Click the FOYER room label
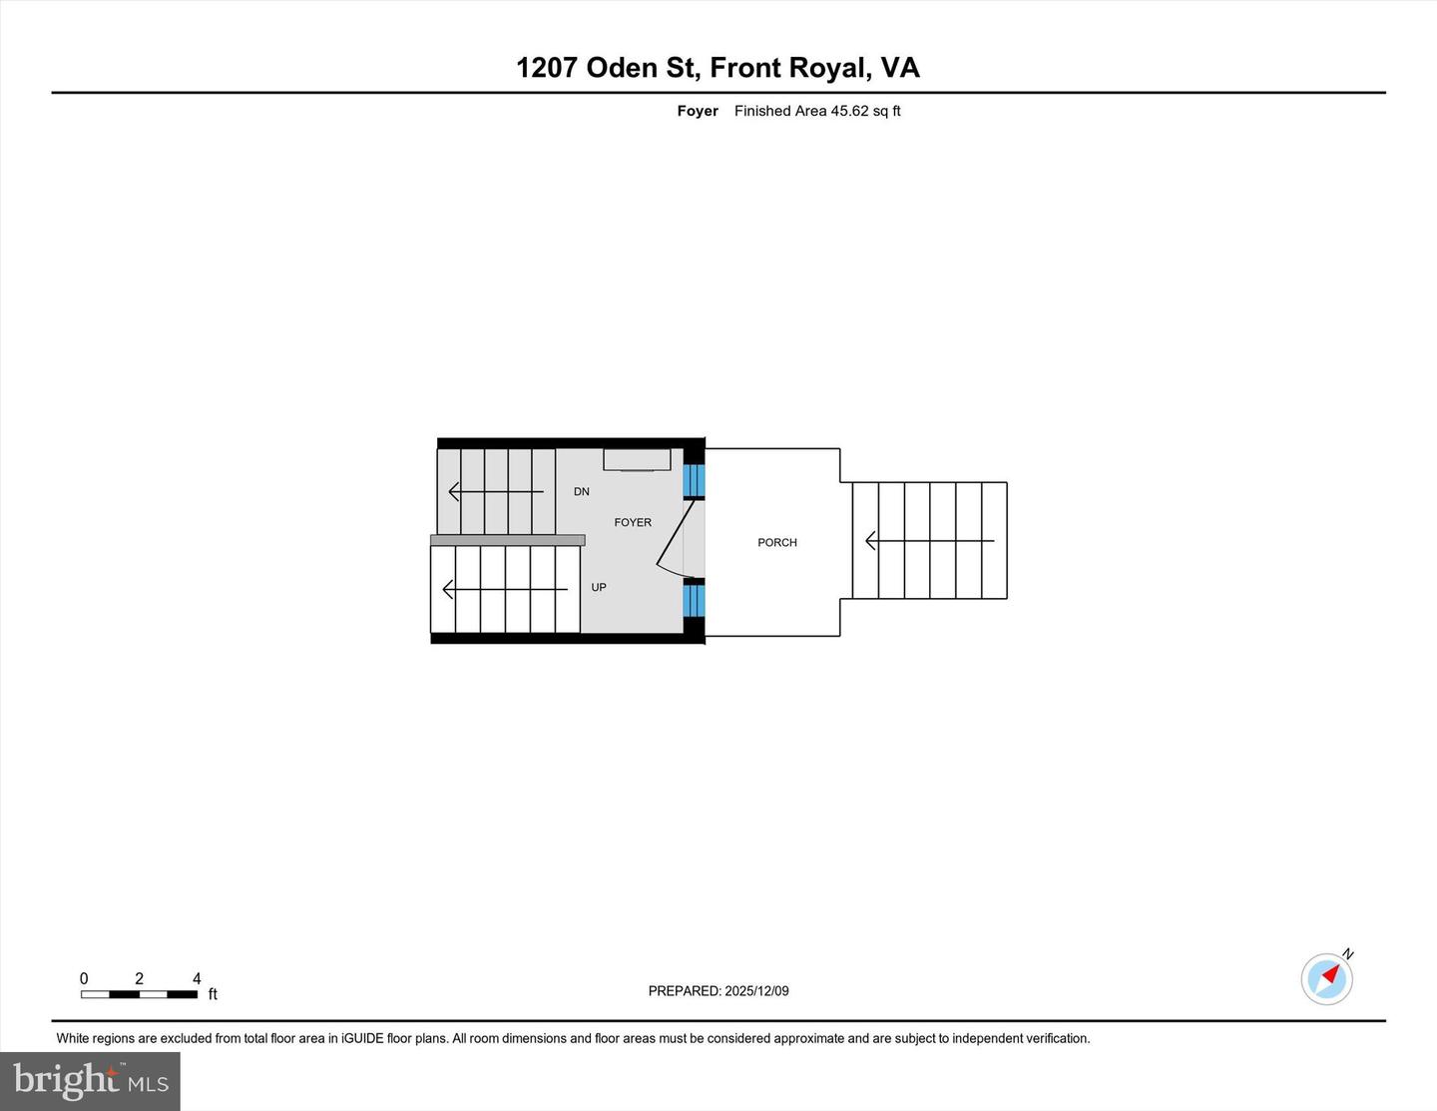click(x=633, y=522)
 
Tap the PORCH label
click(x=777, y=542)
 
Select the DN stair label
click(x=582, y=491)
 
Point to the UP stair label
click(x=599, y=587)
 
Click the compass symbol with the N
click(x=1327, y=977)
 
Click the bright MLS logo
click(x=91, y=1080)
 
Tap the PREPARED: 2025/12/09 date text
click(x=718, y=991)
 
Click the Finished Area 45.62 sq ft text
click(x=817, y=111)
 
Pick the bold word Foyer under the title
click(x=698, y=111)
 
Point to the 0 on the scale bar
click(x=84, y=978)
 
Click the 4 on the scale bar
click(x=197, y=978)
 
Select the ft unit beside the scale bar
click(x=213, y=994)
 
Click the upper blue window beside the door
click(x=694, y=481)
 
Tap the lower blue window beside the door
click(x=694, y=601)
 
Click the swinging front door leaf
click(x=676, y=534)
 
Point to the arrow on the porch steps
click(x=929, y=541)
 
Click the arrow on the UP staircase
click(x=504, y=590)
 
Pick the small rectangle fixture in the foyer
click(x=637, y=459)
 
